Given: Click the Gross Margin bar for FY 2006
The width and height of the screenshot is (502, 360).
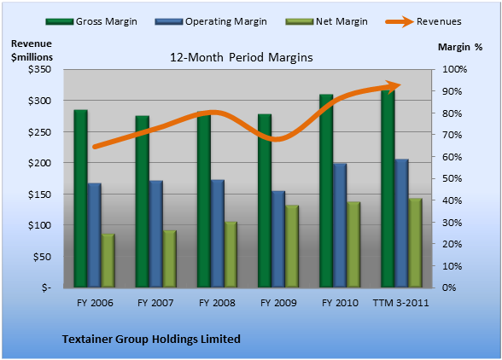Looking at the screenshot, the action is pos(80,199).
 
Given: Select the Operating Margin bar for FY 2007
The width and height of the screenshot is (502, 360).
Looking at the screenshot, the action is pos(156,234).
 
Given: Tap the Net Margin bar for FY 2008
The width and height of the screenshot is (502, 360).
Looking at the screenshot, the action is pos(231,254).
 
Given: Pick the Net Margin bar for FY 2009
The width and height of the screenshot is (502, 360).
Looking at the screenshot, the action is pos(292,246).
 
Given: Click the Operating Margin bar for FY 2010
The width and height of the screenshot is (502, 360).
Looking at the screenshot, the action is pos(340,225).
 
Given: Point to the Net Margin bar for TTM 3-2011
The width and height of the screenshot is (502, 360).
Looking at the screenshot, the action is pos(415,242).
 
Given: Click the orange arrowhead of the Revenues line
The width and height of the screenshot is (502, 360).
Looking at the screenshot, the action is pos(394,86).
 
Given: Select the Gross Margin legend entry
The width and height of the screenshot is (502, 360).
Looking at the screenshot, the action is pos(91,21).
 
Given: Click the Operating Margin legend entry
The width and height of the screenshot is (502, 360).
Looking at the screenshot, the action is pos(211,21).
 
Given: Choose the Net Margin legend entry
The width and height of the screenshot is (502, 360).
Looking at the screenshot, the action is pos(326,21).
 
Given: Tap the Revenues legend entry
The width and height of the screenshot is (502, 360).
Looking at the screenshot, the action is pos(423,21).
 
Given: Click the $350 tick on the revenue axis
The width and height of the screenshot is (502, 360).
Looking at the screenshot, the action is pos(39,69).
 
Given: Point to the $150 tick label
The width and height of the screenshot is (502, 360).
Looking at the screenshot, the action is pos(39,195).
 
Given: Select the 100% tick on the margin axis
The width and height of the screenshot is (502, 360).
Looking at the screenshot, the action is pos(454,69).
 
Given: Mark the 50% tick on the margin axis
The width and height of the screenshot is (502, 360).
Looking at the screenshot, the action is pos(452,178).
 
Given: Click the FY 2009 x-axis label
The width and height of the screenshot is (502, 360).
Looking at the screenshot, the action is pos(278,303).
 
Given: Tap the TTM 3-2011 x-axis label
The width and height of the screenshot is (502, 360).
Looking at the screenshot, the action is pos(401,303).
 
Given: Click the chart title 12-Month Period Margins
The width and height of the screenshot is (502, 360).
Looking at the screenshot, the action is pos(242,58).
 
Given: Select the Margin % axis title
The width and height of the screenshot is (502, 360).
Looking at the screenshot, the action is pos(460,47).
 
